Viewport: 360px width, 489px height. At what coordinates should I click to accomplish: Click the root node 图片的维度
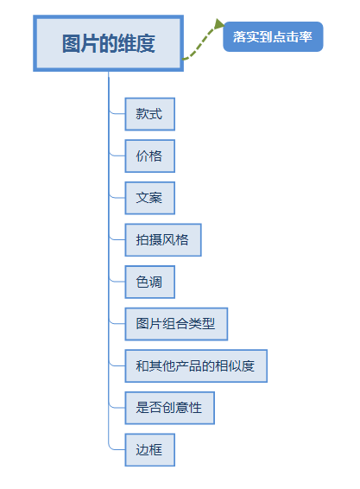(x=108, y=43)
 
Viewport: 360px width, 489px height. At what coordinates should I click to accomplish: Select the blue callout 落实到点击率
(x=273, y=37)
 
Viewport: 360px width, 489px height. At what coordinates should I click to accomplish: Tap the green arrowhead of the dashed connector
(x=218, y=25)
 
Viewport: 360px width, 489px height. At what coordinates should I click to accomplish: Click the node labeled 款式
(x=149, y=114)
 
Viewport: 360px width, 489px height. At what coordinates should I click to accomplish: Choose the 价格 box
(x=149, y=156)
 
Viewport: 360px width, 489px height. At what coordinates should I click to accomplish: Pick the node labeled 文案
(x=149, y=198)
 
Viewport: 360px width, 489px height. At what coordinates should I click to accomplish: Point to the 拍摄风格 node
(x=162, y=239)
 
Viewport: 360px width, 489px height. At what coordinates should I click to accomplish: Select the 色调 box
(x=149, y=282)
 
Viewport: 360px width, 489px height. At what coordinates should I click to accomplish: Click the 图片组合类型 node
(x=175, y=324)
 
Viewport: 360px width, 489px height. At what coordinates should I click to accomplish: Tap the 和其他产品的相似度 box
(x=195, y=365)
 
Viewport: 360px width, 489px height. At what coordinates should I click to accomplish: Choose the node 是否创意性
(x=169, y=408)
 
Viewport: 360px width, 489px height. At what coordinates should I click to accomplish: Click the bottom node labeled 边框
(x=149, y=449)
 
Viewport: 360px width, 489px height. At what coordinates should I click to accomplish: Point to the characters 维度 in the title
(x=137, y=44)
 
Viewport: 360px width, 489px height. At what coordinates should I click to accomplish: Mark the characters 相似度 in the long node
(x=235, y=365)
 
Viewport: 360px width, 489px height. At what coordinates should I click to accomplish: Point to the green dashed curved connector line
(x=200, y=46)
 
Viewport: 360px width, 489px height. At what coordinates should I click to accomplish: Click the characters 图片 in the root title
(x=79, y=44)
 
